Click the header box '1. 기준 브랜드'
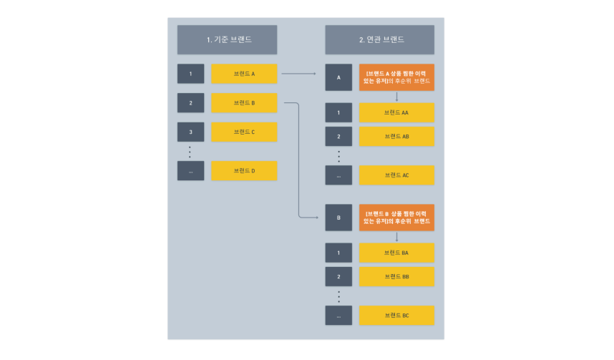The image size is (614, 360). [228, 39]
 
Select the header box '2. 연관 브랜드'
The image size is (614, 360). [380, 39]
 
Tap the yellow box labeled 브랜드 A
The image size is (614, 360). [244, 74]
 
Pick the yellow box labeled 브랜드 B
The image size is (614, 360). [244, 103]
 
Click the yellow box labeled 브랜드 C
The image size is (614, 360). [244, 132]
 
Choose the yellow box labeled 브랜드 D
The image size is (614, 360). [244, 170]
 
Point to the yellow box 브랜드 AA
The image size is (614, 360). [396, 113]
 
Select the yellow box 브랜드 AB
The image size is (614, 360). [396, 136]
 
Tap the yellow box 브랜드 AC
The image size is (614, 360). [396, 175]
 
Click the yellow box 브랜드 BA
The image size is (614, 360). [396, 253]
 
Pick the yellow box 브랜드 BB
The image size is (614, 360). [396, 276]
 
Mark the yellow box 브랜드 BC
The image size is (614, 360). [396, 316]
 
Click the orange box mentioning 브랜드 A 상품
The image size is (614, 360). [396, 77]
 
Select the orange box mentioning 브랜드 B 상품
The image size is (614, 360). [396, 218]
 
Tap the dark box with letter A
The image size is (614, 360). [338, 77]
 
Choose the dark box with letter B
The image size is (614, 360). [338, 218]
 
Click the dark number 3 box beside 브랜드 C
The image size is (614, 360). [191, 132]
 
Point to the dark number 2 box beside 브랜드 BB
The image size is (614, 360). [338, 276]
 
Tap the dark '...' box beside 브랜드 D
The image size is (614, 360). [191, 170]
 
